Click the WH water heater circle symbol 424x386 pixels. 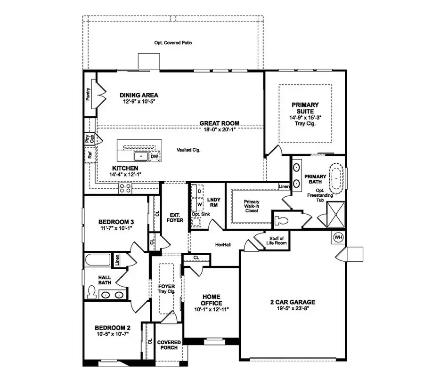click(x=338, y=237)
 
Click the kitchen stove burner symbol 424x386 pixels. click(x=125, y=188)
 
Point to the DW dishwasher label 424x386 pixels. click(x=155, y=156)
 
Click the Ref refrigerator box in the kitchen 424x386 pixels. click(x=89, y=154)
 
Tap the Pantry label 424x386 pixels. click(x=88, y=94)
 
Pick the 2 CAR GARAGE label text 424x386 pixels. click(x=293, y=302)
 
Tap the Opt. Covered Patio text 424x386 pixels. click(x=173, y=43)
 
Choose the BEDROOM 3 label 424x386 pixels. click(x=116, y=222)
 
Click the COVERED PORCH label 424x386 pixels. click(x=167, y=345)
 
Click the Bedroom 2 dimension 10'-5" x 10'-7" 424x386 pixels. click(x=112, y=333)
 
